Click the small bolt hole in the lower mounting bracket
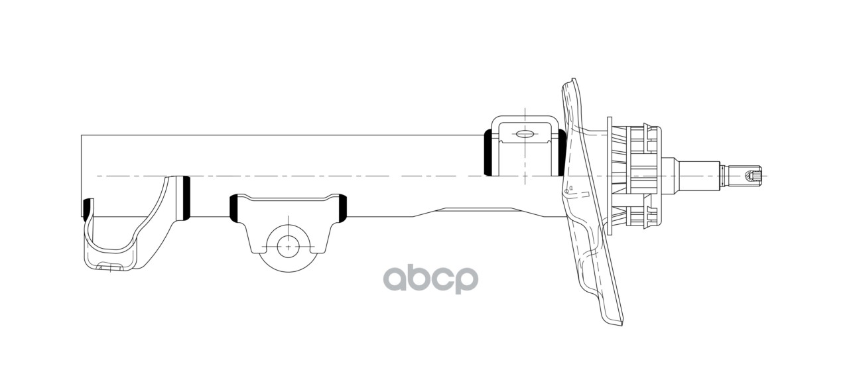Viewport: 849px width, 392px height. pyautogui.click(x=289, y=246)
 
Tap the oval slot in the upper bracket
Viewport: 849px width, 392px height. pyautogui.click(x=524, y=134)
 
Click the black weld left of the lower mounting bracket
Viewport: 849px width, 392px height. pyautogui.click(x=234, y=207)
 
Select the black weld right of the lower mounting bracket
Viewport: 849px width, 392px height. pyautogui.click(x=343, y=207)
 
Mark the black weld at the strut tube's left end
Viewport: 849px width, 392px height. pyautogui.click(x=85, y=207)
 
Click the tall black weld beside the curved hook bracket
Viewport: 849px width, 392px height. pyautogui.click(x=186, y=198)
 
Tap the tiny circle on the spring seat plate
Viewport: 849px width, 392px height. pyautogui.click(x=566, y=191)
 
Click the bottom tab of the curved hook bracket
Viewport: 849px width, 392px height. pyautogui.click(x=109, y=267)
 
